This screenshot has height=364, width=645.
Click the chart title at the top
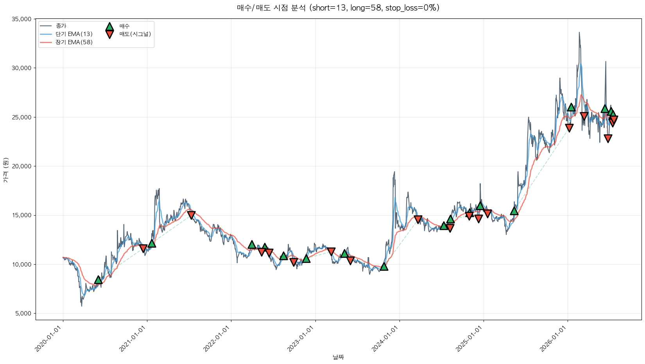(x=339, y=8)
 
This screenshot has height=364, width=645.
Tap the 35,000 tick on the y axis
(x=21, y=19)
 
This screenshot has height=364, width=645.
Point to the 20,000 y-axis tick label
(x=21, y=166)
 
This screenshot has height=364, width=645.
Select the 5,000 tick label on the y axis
(x=23, y=313)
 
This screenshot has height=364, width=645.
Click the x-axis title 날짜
(x=339, y=357)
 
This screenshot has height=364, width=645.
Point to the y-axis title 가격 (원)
(x=6, y=170)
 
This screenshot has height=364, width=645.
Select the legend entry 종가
(x=61, y=26)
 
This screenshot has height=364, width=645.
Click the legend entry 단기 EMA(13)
(x=74, y=34)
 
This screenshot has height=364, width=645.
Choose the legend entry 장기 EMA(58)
(x=74, y=42)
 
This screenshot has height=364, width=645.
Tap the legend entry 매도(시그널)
(x=135, y=34)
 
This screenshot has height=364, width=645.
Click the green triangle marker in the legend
(x=109, y=27)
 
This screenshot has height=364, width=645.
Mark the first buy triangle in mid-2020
(x=98, y=280)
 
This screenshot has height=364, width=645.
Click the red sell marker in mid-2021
(x=191, y=215)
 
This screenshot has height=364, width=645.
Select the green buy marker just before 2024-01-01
(x=384, y=267)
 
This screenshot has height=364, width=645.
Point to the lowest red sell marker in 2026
(x=608, y=138)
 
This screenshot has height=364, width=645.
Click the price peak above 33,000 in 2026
(x=579, y=32)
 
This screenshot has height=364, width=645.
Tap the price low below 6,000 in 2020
(x=81, y=306)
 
